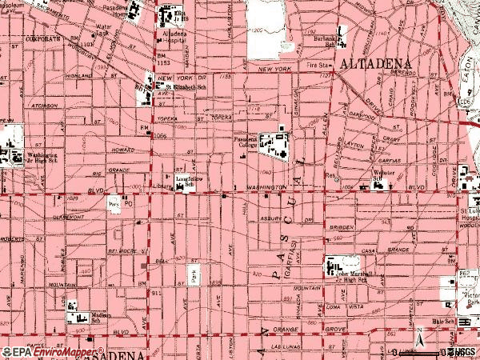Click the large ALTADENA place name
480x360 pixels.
click(374, 62)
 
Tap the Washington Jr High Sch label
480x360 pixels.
click(37, 157)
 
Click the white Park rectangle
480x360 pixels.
click(193, 274)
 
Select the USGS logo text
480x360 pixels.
click(466, 352)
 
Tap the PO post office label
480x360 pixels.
click(126, 203)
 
